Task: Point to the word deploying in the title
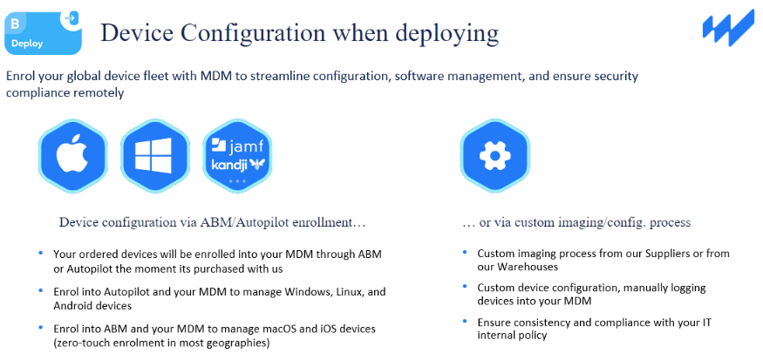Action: pos(445,33)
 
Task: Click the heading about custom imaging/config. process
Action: pos(576,222)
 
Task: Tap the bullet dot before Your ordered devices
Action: pos(40,254)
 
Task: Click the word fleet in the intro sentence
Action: pos(152,76)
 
